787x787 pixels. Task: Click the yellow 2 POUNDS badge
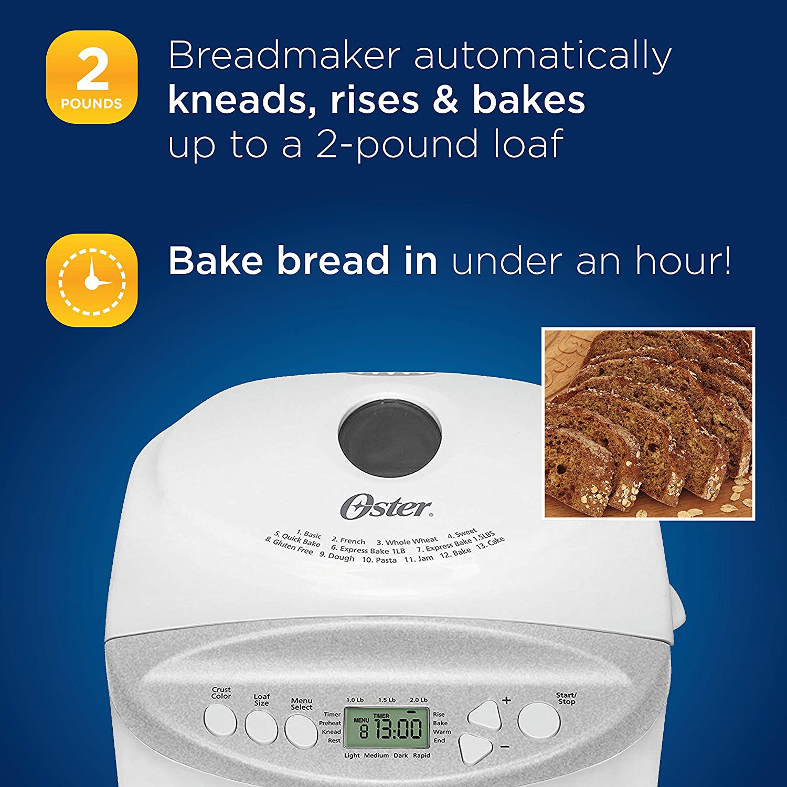[x=92, y=77]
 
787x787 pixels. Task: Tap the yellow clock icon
[x=92, y=280]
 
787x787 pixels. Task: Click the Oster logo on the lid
[x=387, y=507]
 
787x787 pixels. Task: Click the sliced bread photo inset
[x=648, y=424]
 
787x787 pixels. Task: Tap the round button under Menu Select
[x=301, y=730]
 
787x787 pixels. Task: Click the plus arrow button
[x=485, y=715]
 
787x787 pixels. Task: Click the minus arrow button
[x=475, y=748]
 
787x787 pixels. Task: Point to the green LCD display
[x=384, y=728]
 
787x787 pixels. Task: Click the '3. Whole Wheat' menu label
[x=407, y=541]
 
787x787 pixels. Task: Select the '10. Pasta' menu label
[x=379, y=560]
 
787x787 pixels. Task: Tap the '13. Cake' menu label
[x=491, y=543]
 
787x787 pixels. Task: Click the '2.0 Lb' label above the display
[x=419, y=700]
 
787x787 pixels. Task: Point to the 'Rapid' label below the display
[x=421, y=756]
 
